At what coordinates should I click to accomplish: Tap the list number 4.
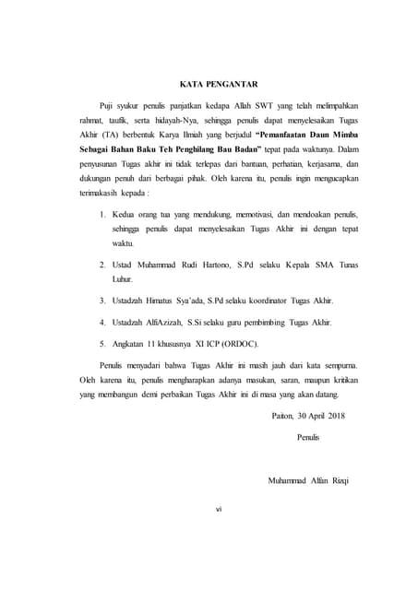(x=102, y=323)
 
